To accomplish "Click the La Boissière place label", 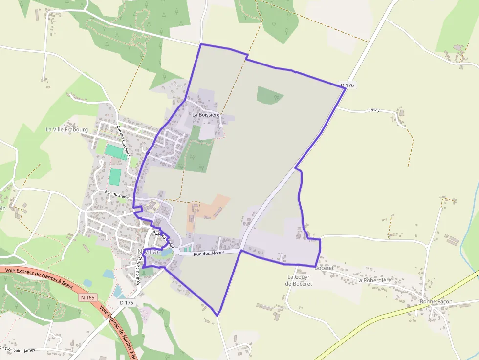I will [x=206, y=115].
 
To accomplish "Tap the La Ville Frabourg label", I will [x=67, y=130].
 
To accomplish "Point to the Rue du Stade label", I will [x=116, y=194].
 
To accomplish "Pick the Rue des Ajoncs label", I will [x=209, y=254].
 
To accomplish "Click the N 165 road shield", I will [x=88, y=297].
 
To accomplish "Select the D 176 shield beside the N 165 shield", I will [x=126, y=303].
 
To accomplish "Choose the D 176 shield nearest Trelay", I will [x=347, y=85].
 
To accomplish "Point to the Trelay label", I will [x=374, y=111].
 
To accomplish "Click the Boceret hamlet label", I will [x=324, y=268].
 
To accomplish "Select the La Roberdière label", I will [x=373, y=280].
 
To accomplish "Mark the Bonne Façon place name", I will [x=436, y=302].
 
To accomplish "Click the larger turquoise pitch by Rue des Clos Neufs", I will [x=115, y=151].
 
